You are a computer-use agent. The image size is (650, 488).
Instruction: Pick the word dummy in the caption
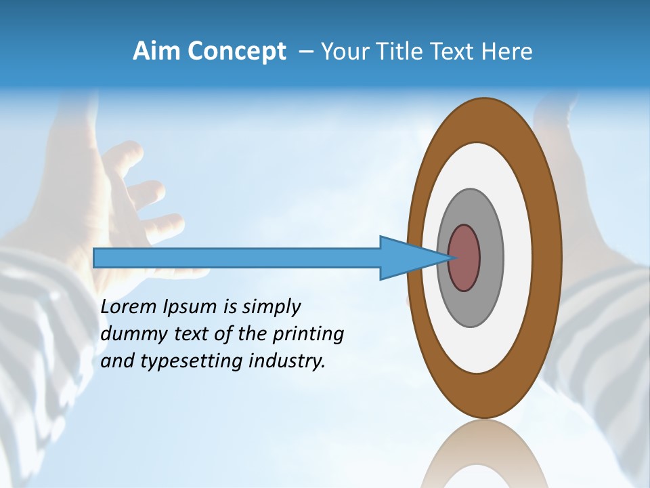tap(129, 334)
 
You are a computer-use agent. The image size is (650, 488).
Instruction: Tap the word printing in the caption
tap(307, 334)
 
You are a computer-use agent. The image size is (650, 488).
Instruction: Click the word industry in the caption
tap(287, 361)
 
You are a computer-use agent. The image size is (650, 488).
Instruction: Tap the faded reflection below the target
tap(484, 454)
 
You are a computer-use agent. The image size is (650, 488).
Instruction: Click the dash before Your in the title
tap(305, 52)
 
